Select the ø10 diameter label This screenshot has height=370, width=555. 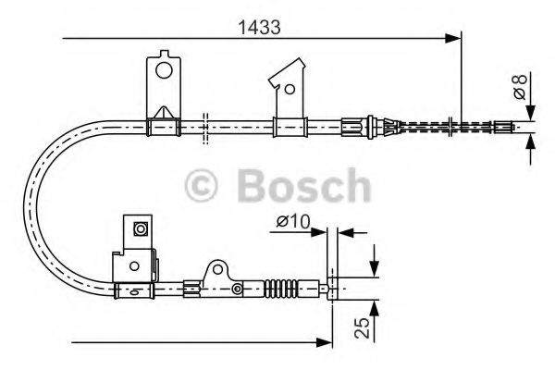292,222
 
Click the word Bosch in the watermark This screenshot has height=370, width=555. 301,188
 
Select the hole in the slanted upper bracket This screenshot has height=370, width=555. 290,90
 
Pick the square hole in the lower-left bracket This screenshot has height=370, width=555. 141,228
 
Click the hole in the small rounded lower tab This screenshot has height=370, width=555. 218,271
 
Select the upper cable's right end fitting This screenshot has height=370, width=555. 505,124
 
